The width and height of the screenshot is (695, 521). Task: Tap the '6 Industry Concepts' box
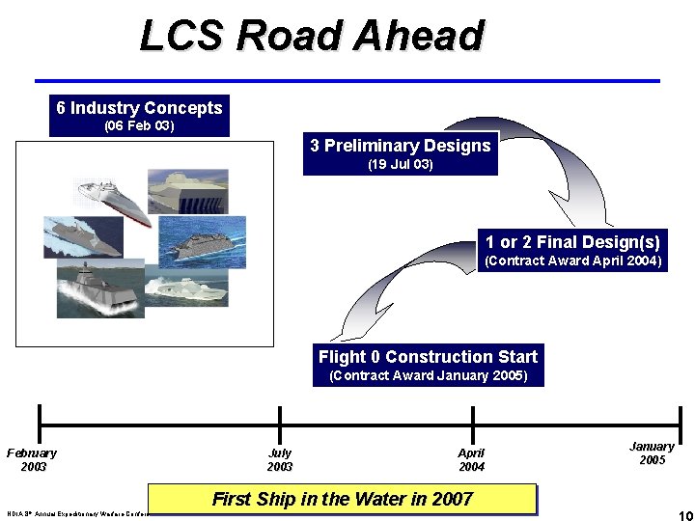(x=139, y=108)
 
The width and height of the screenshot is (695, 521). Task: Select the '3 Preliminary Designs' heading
(x=401, y=146)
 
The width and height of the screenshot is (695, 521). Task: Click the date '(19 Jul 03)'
(x=401, y=165)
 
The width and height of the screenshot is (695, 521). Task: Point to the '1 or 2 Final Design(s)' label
(x=573, y=242)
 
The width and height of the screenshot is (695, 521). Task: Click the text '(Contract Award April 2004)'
(x=573, y=260)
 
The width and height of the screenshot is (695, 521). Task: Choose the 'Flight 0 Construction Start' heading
(x=428, y=356)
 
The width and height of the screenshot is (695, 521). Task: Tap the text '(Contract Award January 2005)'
(x=428, y=375)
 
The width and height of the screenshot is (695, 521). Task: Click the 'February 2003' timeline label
(x=33, y=459)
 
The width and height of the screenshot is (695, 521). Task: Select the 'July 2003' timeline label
(x=280, y=459)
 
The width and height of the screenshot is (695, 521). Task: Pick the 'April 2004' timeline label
(x=472, y=459)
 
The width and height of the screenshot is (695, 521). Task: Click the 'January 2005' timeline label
(x=652, y=452)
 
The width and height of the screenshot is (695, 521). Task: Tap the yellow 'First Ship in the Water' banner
(x=343, y=499)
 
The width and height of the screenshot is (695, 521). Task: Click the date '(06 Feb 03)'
(x=139, y=126)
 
